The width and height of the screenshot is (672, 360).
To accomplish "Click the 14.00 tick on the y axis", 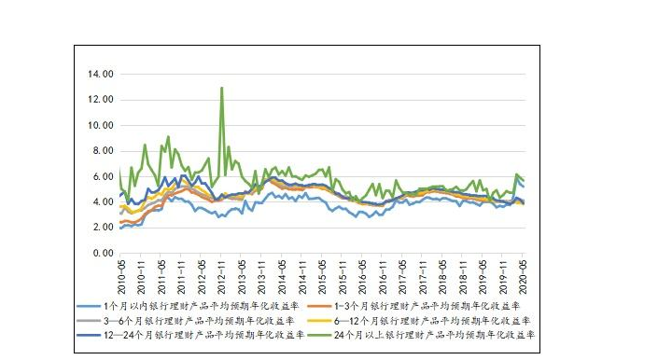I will [x=99, y=74].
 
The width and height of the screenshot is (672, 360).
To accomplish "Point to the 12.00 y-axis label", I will [x=99, y=100].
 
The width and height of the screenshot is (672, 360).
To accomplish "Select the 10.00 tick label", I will [x=99, y=125].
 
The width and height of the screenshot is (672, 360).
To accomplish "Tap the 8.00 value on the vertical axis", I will [x=101, y=151].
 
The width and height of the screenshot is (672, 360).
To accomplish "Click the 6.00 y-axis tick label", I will [x=101, y=176].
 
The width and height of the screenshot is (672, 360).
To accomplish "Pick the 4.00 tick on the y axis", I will [x=101, y=202].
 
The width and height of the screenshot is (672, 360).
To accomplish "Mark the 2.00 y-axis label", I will [x=101, y=228].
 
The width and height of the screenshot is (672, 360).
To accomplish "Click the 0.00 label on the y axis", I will [x=101, y=254].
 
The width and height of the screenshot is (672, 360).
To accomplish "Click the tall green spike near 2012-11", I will [x=221, y=89].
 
